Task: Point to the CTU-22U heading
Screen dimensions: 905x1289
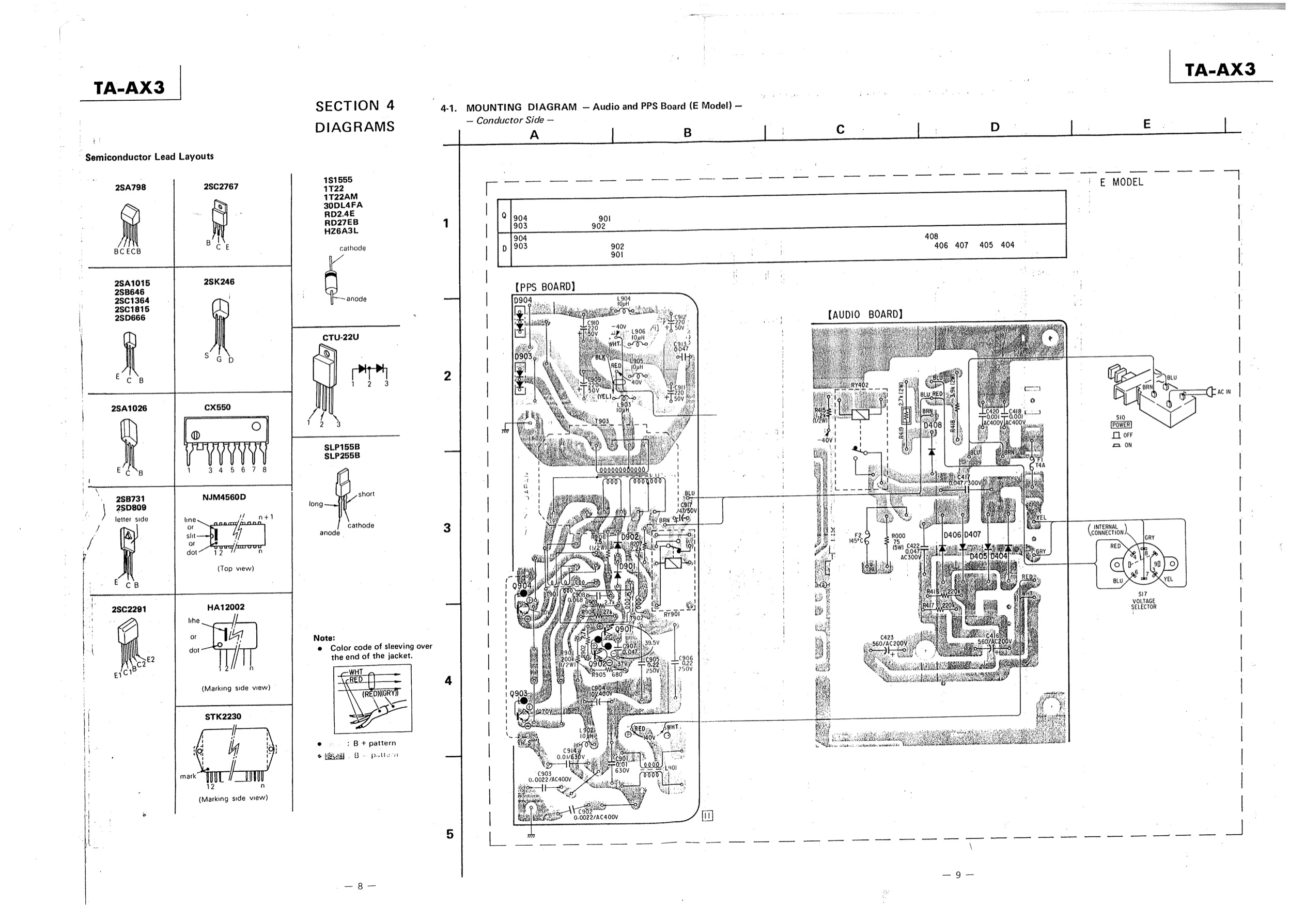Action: coord(340,337)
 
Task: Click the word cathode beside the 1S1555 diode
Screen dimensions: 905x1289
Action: coord(352,248)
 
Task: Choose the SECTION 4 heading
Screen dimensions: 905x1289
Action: coord(355,106)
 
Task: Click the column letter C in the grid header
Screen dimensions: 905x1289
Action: coord(841,130)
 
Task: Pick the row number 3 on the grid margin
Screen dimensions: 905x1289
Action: coord(447,528)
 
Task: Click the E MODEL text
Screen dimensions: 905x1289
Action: coord(1121,182)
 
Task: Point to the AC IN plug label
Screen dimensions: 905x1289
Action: coord(1224,392)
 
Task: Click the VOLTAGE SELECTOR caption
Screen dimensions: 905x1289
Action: coord(1144,603)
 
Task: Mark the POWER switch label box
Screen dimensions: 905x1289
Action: coord(1121,425)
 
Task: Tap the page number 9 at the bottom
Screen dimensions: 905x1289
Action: coord(958,875)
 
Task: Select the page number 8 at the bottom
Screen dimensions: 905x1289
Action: coord(360,886)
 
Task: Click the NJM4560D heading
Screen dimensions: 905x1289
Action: coord(224,497)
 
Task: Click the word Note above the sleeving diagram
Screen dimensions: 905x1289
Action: coord(324,638)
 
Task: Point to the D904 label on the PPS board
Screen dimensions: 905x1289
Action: coord(523,300)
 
